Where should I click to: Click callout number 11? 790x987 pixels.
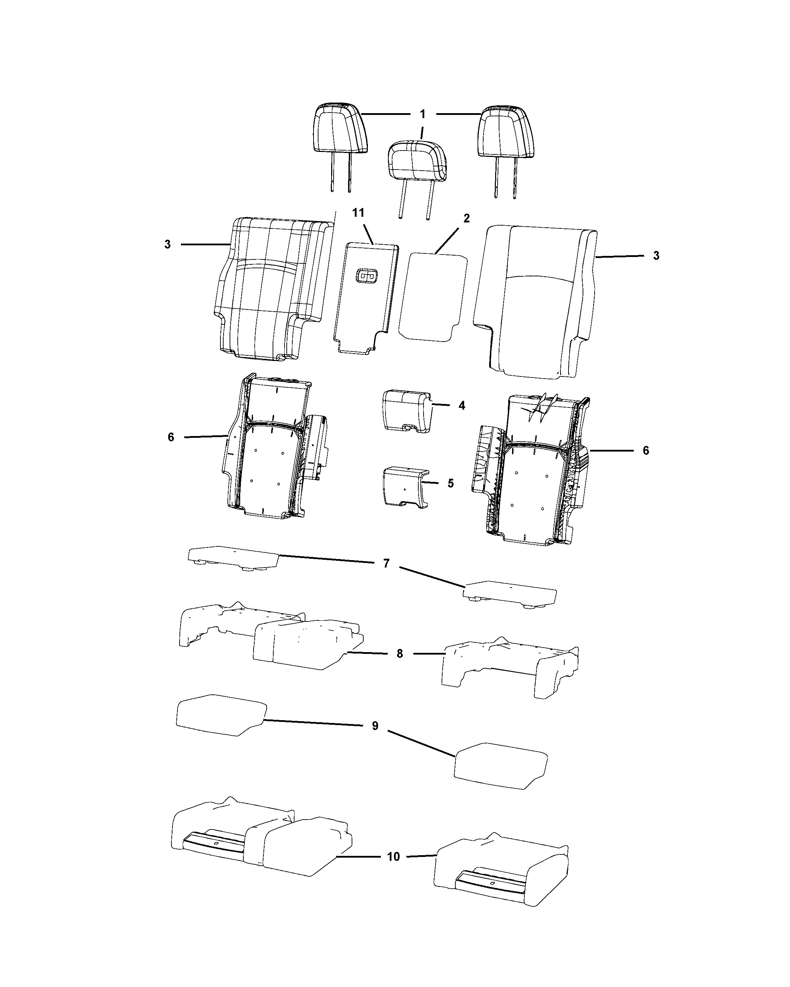358,213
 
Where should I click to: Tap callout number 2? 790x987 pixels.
466,218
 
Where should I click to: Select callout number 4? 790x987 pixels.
462,406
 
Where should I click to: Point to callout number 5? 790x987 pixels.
451,483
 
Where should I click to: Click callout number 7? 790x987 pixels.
386,564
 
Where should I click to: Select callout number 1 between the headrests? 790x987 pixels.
423,114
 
